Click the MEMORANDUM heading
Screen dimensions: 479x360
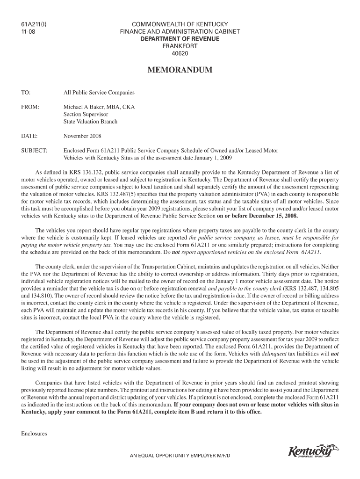click(x=180, y=71)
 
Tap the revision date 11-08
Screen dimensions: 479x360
click(x=28, y=31)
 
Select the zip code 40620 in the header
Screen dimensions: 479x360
click(x=180, y=54)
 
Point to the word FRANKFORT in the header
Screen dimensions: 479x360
click(x=180, y=46)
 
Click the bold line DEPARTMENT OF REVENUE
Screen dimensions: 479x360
click(x=180, y=39)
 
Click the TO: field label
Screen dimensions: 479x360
click(x=26, y=93)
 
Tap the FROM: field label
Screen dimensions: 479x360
click(x=30, y=107)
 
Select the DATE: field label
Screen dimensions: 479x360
click(x=29, y=136)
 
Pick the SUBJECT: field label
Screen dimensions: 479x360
click(x=34, y=151)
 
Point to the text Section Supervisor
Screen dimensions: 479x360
click(x=86, y=114)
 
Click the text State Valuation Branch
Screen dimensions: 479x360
click(x=91, y=122)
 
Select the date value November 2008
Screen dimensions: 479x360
click(x=82, y=136)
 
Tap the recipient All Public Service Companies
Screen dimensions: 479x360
click(x=99, y=93)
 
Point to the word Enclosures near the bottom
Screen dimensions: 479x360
click(x=34, y=434)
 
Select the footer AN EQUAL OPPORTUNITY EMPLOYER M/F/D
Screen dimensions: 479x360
click(x=180, y=455)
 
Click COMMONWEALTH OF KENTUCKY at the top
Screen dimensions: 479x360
click(x=180, y=24)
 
